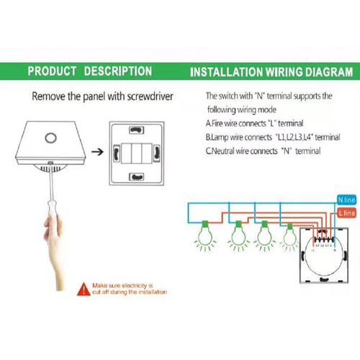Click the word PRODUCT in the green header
tap(52, 71)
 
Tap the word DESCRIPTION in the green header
tap(117, 71)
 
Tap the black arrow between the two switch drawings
tap(98, 151)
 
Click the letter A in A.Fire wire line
tap(208, 123)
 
